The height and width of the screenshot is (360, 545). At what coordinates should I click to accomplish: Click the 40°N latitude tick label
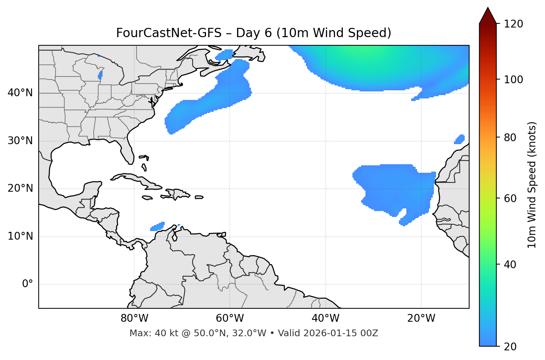[20, 93]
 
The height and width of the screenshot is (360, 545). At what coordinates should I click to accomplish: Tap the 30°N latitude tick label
[20, 141]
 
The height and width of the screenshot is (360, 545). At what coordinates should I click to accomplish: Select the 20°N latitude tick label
[20, 188]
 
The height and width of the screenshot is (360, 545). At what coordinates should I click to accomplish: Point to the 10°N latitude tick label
[20, 236]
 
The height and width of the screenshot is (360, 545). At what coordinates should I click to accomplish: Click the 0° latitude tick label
[27, 284]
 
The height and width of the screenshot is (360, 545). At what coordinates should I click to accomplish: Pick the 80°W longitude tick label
[134, 318]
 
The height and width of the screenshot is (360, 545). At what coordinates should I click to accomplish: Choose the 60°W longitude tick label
[230, 318]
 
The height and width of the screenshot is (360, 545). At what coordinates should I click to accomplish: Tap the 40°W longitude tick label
[326, 318]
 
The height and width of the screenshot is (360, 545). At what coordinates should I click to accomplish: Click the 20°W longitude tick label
[421, 318]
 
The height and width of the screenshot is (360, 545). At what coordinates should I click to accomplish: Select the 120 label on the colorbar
[513, 24]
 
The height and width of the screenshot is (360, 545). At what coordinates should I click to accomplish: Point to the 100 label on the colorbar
[513, 80]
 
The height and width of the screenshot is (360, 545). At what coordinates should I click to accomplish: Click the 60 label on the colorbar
[510, 198]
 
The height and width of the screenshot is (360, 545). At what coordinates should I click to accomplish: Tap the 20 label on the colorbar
[510, 347]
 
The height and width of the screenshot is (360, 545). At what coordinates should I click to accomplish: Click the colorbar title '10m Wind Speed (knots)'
[532, 185]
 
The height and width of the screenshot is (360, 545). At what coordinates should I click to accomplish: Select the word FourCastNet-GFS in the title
[168, 33]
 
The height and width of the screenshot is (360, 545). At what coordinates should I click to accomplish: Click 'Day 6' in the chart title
[254, 33]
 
